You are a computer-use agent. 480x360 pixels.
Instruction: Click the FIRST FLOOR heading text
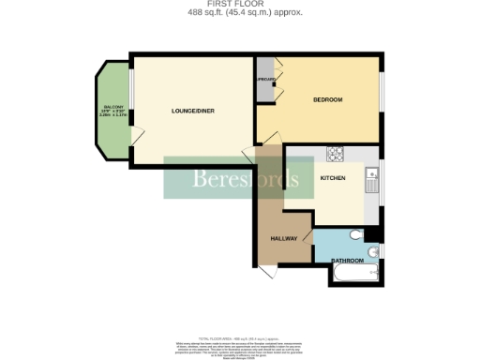coord(240,5)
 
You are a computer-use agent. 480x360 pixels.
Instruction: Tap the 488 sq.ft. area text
coord(240,13)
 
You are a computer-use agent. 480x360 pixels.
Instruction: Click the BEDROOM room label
coord(327,99)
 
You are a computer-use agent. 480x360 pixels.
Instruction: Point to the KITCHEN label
coord(333,178)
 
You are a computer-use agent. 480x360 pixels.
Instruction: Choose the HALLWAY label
coord(284,238)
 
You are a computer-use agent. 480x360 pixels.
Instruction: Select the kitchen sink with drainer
coord(372,177)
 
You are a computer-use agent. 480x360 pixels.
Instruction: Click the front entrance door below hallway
coord(266,271)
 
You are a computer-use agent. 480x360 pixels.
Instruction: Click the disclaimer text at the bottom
coord(240,345)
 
